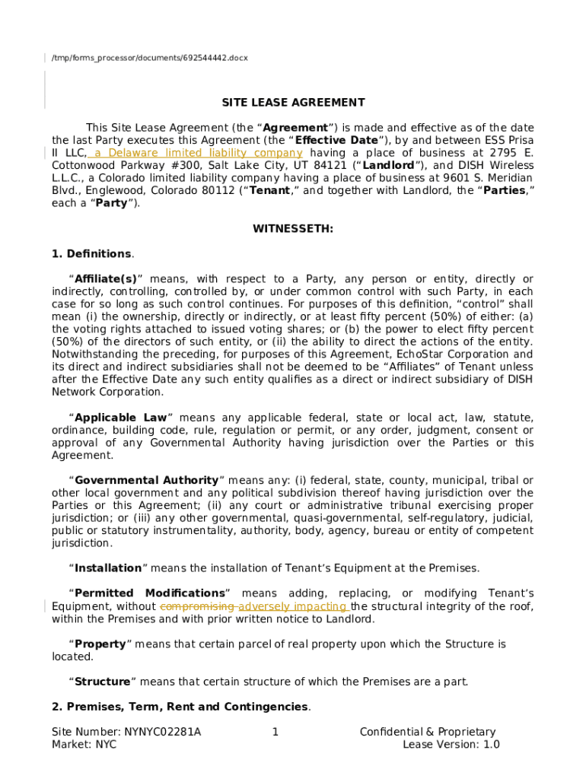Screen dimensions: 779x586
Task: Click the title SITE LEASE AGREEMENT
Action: pos(293,103)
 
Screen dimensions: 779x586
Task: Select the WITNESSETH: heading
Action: pos(293,229)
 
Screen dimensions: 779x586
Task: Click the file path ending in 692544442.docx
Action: pos(149,58)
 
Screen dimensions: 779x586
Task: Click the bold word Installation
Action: pos(108,568)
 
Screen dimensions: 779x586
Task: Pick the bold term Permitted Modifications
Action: pos(150,593)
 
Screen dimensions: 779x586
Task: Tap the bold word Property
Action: pos(100,644)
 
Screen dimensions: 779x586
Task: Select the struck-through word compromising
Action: pos(197,606)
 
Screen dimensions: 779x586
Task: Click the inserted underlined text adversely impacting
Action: pos(292,606)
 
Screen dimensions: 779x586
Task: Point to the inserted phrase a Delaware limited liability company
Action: pos(196,153)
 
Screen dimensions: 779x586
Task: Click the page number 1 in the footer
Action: pos(275,732)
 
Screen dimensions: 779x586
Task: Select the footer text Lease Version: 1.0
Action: pos(451,745)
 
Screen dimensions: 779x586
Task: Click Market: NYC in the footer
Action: pos(84,745)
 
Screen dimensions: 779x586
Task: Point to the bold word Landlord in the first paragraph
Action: pos(389,166)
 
